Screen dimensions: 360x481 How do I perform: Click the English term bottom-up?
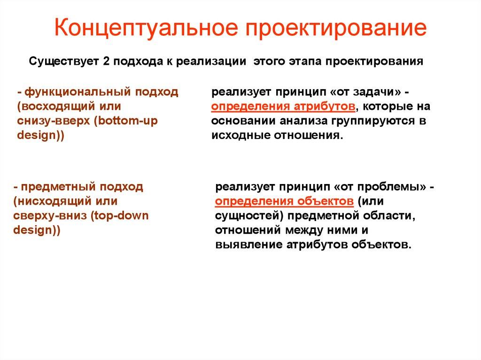pos(128,121)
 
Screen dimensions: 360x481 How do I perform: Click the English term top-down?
pos(122,216)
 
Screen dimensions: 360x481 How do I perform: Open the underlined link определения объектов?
pos(284,201)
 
